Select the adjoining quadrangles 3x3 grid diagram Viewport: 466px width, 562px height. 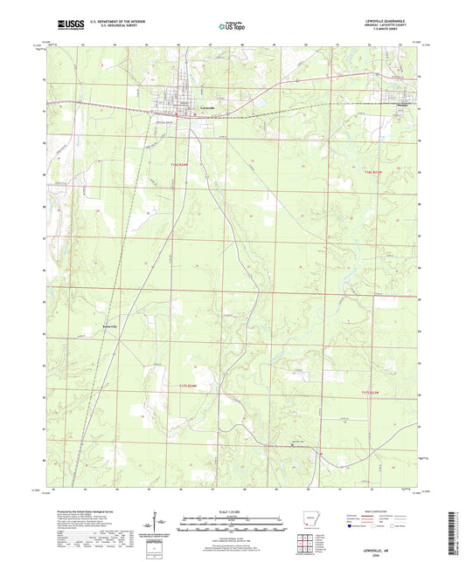click(x=306, y=541)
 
